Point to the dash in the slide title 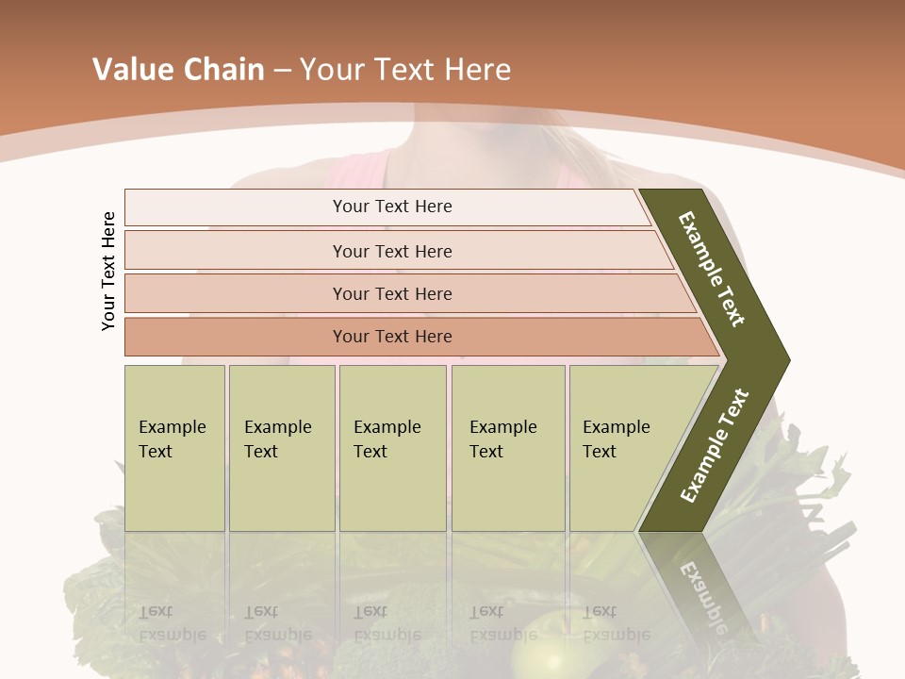coord(283,71)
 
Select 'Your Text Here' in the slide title coord(405,70)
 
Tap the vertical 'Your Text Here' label coord(108,271)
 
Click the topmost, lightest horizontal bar coord(387,207)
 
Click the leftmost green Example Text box coord(174,448)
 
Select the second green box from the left coord(282,448)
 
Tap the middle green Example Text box coord(392,448)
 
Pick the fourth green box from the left coord(508,448)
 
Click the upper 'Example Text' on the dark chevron coord(712,269)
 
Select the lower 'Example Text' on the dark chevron coord(715,445)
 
